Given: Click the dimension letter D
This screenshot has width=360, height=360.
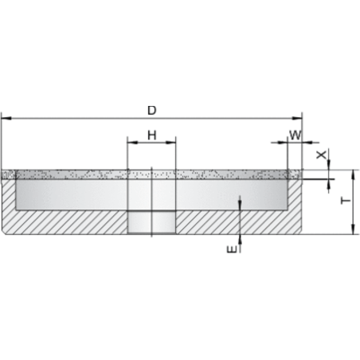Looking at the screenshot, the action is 151,110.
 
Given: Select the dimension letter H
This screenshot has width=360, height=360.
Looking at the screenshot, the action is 151,135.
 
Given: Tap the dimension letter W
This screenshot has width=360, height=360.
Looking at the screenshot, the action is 295,135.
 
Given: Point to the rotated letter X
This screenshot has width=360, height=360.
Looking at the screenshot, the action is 322,155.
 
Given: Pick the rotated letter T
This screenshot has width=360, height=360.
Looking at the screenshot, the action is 346,201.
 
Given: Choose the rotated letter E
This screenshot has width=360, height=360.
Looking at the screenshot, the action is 232,249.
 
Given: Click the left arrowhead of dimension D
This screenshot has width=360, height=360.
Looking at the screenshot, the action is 6,118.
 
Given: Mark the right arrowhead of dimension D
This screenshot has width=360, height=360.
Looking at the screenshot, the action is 297,118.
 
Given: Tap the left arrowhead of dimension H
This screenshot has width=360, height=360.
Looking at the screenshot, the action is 132,143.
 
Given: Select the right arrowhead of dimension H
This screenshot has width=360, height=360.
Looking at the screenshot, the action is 170,143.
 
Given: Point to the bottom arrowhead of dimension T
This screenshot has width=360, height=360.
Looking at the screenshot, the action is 353,229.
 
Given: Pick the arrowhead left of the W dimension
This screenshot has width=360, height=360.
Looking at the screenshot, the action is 283,143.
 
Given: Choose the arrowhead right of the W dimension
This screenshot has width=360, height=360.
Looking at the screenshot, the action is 307,143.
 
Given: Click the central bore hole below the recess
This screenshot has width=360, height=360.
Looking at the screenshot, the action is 151,222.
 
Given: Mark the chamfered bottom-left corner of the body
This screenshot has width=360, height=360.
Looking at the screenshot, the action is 3,233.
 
